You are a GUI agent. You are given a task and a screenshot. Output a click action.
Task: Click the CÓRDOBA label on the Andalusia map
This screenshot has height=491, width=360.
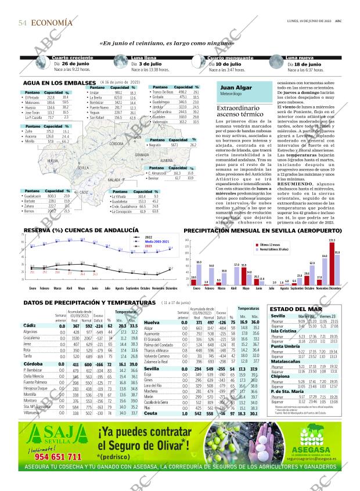click(x=116, y=143)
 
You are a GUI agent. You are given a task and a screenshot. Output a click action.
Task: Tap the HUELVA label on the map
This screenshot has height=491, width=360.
click(x=53, y=160)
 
